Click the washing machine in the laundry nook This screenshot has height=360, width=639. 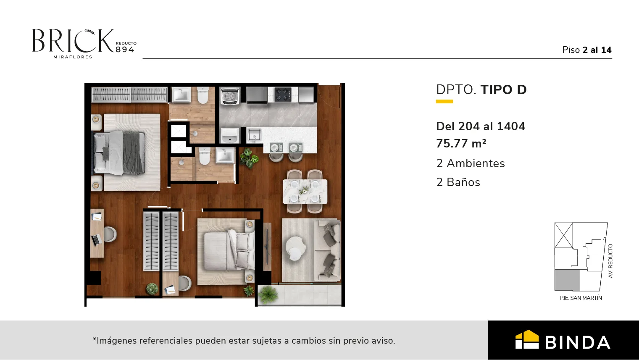(229, 96)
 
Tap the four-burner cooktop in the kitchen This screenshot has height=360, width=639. (283, 95)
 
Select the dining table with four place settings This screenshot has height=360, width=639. (305, 192)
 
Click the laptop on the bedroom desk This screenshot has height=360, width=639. (96, 239)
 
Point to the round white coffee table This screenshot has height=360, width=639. (295, 248)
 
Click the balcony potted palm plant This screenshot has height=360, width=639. (268, 294)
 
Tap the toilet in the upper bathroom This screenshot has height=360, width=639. (203, 95)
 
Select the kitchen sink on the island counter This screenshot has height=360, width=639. (254, 134)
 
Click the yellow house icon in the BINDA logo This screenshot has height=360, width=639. (527, 339)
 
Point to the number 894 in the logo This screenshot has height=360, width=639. (125, 50)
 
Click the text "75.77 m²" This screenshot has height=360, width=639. (461, 143)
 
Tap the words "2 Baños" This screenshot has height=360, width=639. (458, 182)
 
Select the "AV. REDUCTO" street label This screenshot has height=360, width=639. (610, 261)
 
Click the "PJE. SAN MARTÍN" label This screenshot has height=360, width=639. (581, 298)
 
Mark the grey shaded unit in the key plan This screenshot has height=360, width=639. (567, 280)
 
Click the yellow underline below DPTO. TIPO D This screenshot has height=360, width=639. (444, 101)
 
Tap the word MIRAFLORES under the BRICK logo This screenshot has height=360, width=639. (73, 57)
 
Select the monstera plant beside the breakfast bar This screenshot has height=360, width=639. (249, 158)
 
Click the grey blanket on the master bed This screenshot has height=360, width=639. (134, 152)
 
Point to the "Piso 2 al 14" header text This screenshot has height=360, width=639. (587, 50)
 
